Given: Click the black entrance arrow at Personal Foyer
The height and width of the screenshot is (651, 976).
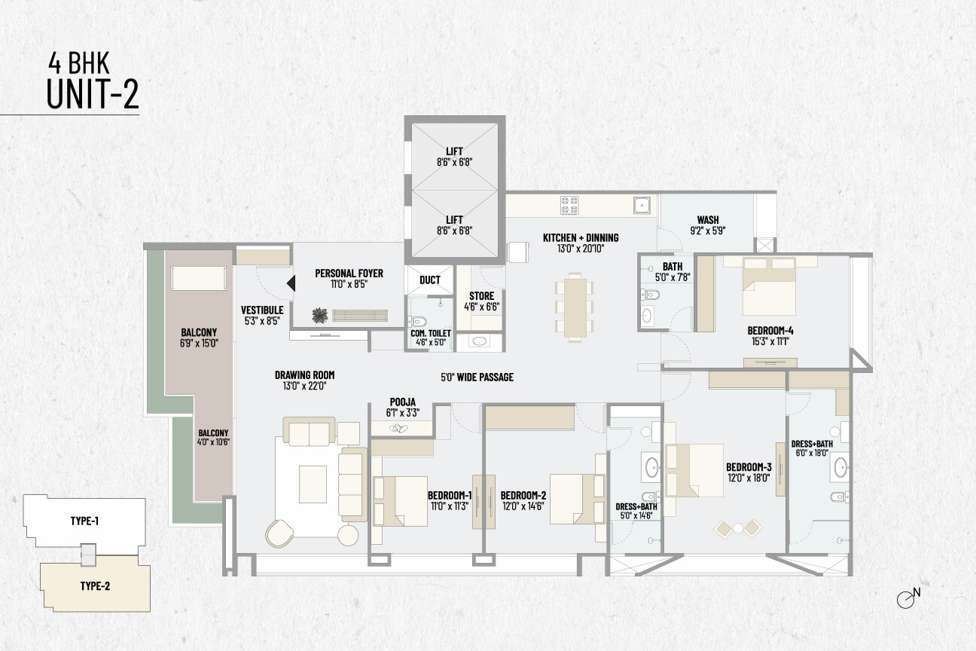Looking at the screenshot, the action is tap(291, 283).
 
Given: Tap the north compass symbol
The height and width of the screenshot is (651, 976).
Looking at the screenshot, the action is tap(908, 598).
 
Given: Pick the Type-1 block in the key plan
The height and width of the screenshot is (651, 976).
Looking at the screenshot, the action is tap(84, 521).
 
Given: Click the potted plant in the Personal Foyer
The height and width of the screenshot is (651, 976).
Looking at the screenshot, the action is tap(320, 315).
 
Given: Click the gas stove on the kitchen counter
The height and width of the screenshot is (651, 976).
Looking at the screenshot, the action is tap(569, 206).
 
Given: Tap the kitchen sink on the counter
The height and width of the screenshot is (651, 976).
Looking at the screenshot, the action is tap(642, 205).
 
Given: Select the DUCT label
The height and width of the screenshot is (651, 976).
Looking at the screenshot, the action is tap(430, 280).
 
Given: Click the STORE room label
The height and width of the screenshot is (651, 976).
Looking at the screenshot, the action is tap(481, 296).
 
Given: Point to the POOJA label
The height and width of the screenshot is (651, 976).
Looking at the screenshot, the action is tap(403, 402).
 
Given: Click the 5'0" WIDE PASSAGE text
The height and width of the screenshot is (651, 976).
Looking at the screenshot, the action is tap(477, 377).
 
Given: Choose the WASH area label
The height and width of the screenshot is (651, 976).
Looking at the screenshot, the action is tap(708, 220).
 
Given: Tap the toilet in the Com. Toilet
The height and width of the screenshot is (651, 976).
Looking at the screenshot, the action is tap(417, 322).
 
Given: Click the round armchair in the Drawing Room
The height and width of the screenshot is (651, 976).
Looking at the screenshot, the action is tap(279, 533).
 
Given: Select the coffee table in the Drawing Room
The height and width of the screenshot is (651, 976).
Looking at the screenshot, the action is tap(313, 484).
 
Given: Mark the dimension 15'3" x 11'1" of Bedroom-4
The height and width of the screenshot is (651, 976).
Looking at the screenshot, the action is tap(770, 341).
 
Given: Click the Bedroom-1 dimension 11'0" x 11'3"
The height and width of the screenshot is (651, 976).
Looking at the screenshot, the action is tap(450, 506).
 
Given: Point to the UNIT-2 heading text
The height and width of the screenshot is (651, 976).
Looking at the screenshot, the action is tap(93, 93).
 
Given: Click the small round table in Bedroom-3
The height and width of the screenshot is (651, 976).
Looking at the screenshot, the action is tap(738, 528).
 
